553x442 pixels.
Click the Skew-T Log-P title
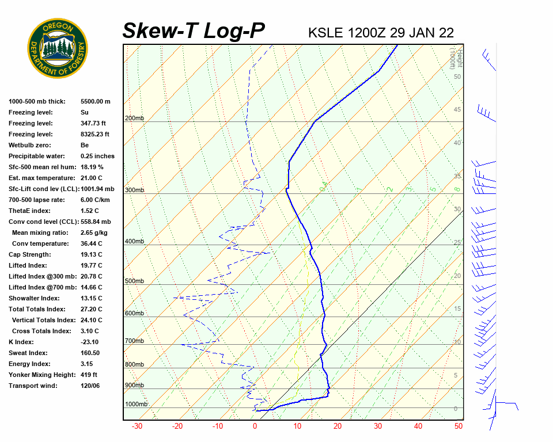coord(194,31)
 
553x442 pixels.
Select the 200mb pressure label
coord(134,119)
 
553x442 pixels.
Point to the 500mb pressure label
coord(134,281)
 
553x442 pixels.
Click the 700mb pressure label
coord(134,341)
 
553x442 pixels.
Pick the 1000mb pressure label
coord(136,404)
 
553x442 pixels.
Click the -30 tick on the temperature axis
coord(137,426)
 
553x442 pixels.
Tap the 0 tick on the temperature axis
coord(255,426)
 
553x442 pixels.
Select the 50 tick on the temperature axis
coord(459,426)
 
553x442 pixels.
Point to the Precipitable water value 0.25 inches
coord(97,156)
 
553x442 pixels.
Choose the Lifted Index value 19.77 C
coord(91,265)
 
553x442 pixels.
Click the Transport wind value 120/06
coord(90,386)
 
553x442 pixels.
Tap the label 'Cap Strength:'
coord(29,254)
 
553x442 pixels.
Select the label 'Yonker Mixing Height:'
coord(40,375)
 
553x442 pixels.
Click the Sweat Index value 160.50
coord(90,353)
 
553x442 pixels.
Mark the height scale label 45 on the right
coord(457,110)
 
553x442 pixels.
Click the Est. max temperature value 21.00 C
coord(91,178)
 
